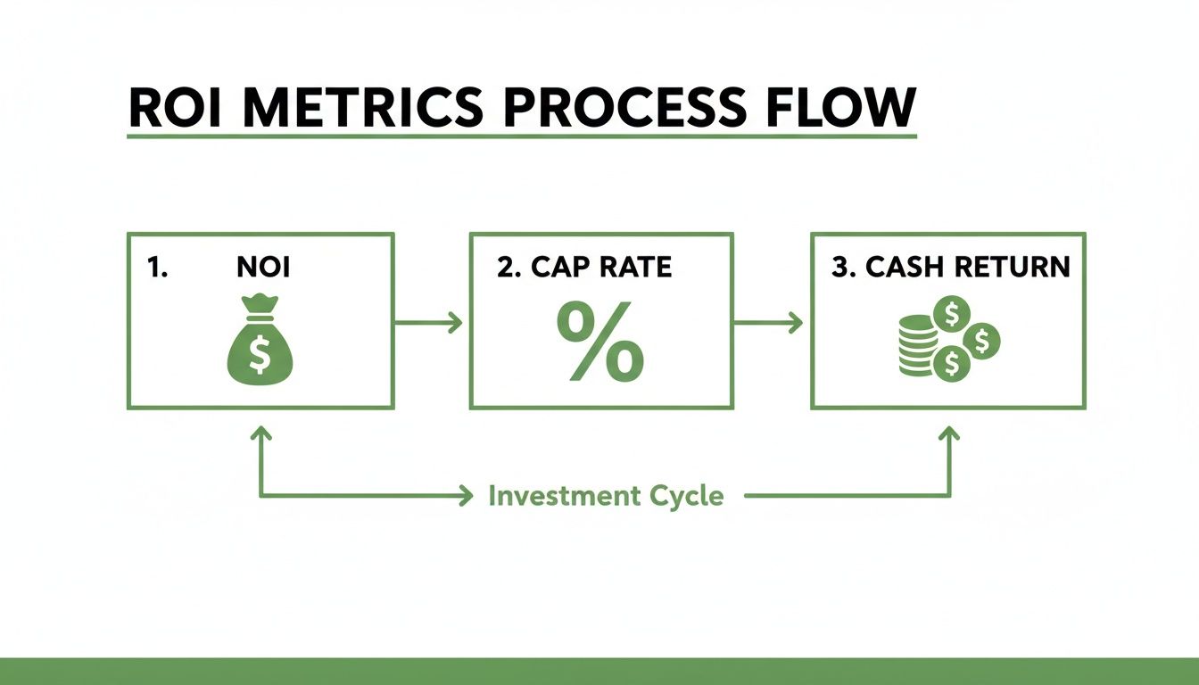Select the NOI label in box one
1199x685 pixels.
263,268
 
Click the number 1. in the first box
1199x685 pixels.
157,268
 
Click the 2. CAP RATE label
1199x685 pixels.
584,268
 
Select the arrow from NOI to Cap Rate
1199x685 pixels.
428,323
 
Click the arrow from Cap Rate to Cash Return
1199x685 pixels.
767,323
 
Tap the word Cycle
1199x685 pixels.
690,496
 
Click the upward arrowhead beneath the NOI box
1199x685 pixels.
260,433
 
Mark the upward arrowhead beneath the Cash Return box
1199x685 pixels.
949,433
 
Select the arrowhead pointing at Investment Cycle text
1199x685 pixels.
465,496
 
